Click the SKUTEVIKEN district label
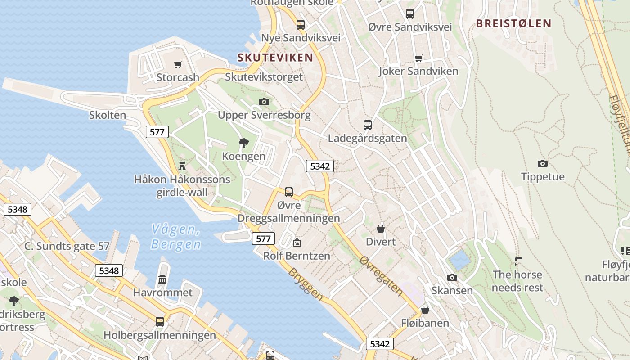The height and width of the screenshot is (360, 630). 275,58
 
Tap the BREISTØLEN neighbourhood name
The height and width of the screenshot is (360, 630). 513,24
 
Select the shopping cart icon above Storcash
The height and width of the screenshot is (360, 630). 178,65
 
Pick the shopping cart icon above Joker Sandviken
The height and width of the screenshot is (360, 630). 419,58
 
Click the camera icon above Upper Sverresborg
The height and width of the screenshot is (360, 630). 264,102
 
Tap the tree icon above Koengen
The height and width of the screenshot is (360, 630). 244,144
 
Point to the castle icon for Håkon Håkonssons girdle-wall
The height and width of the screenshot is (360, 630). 182,166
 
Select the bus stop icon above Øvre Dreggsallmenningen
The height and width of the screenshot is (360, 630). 289,192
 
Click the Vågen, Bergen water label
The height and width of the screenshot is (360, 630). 176,237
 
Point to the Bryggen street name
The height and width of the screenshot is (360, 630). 306,284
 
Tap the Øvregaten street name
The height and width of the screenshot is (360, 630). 381,276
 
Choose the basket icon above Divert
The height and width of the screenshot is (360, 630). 381,229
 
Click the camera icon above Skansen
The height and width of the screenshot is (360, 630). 452,277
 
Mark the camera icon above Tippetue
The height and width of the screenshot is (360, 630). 543,163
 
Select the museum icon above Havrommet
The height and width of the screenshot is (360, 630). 162,279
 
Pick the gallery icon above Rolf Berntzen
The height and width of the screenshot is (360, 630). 297,243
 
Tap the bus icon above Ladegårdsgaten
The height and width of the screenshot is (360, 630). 368,125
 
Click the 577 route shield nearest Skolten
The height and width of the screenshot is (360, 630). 157,132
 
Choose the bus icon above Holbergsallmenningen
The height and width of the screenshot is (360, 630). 160,322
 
